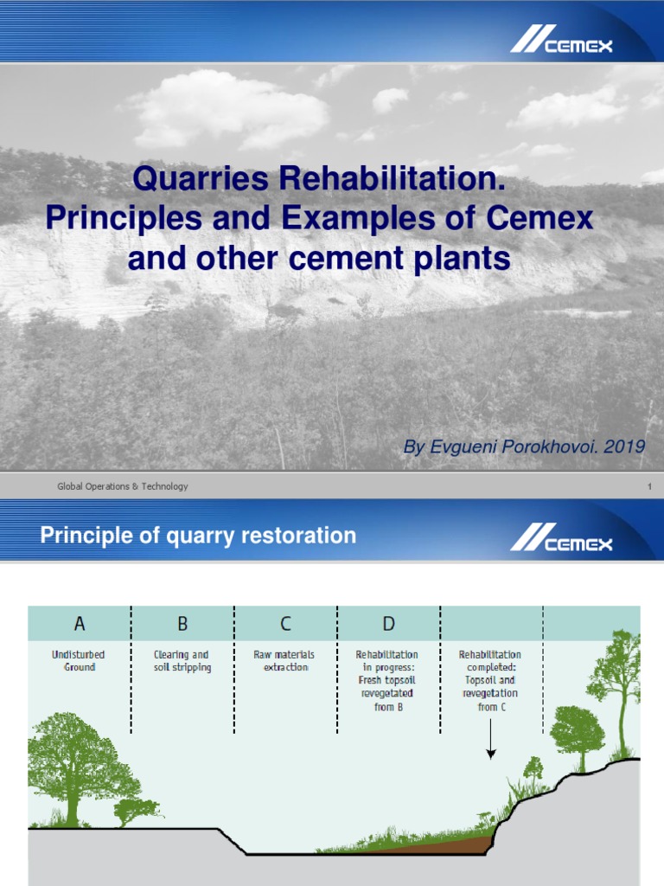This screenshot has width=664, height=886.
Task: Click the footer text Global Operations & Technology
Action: [122, 486]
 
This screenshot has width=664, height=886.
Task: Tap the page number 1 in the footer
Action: [648, 486]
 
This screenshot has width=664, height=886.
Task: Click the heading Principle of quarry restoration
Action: [198, 536]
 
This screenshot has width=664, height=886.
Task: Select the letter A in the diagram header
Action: [80, 623]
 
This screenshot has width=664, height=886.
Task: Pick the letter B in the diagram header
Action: [182, 623]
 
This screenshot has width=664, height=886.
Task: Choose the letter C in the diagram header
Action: [285, 623]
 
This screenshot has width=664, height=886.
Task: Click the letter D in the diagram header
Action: [388, 623]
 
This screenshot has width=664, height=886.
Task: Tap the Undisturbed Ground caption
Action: [79, 661]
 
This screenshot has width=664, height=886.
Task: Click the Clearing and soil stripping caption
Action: [182, 661]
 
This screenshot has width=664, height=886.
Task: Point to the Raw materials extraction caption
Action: [284, 661]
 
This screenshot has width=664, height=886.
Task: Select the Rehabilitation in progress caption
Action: [388, 680]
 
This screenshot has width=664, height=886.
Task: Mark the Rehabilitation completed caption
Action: [489, 680]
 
